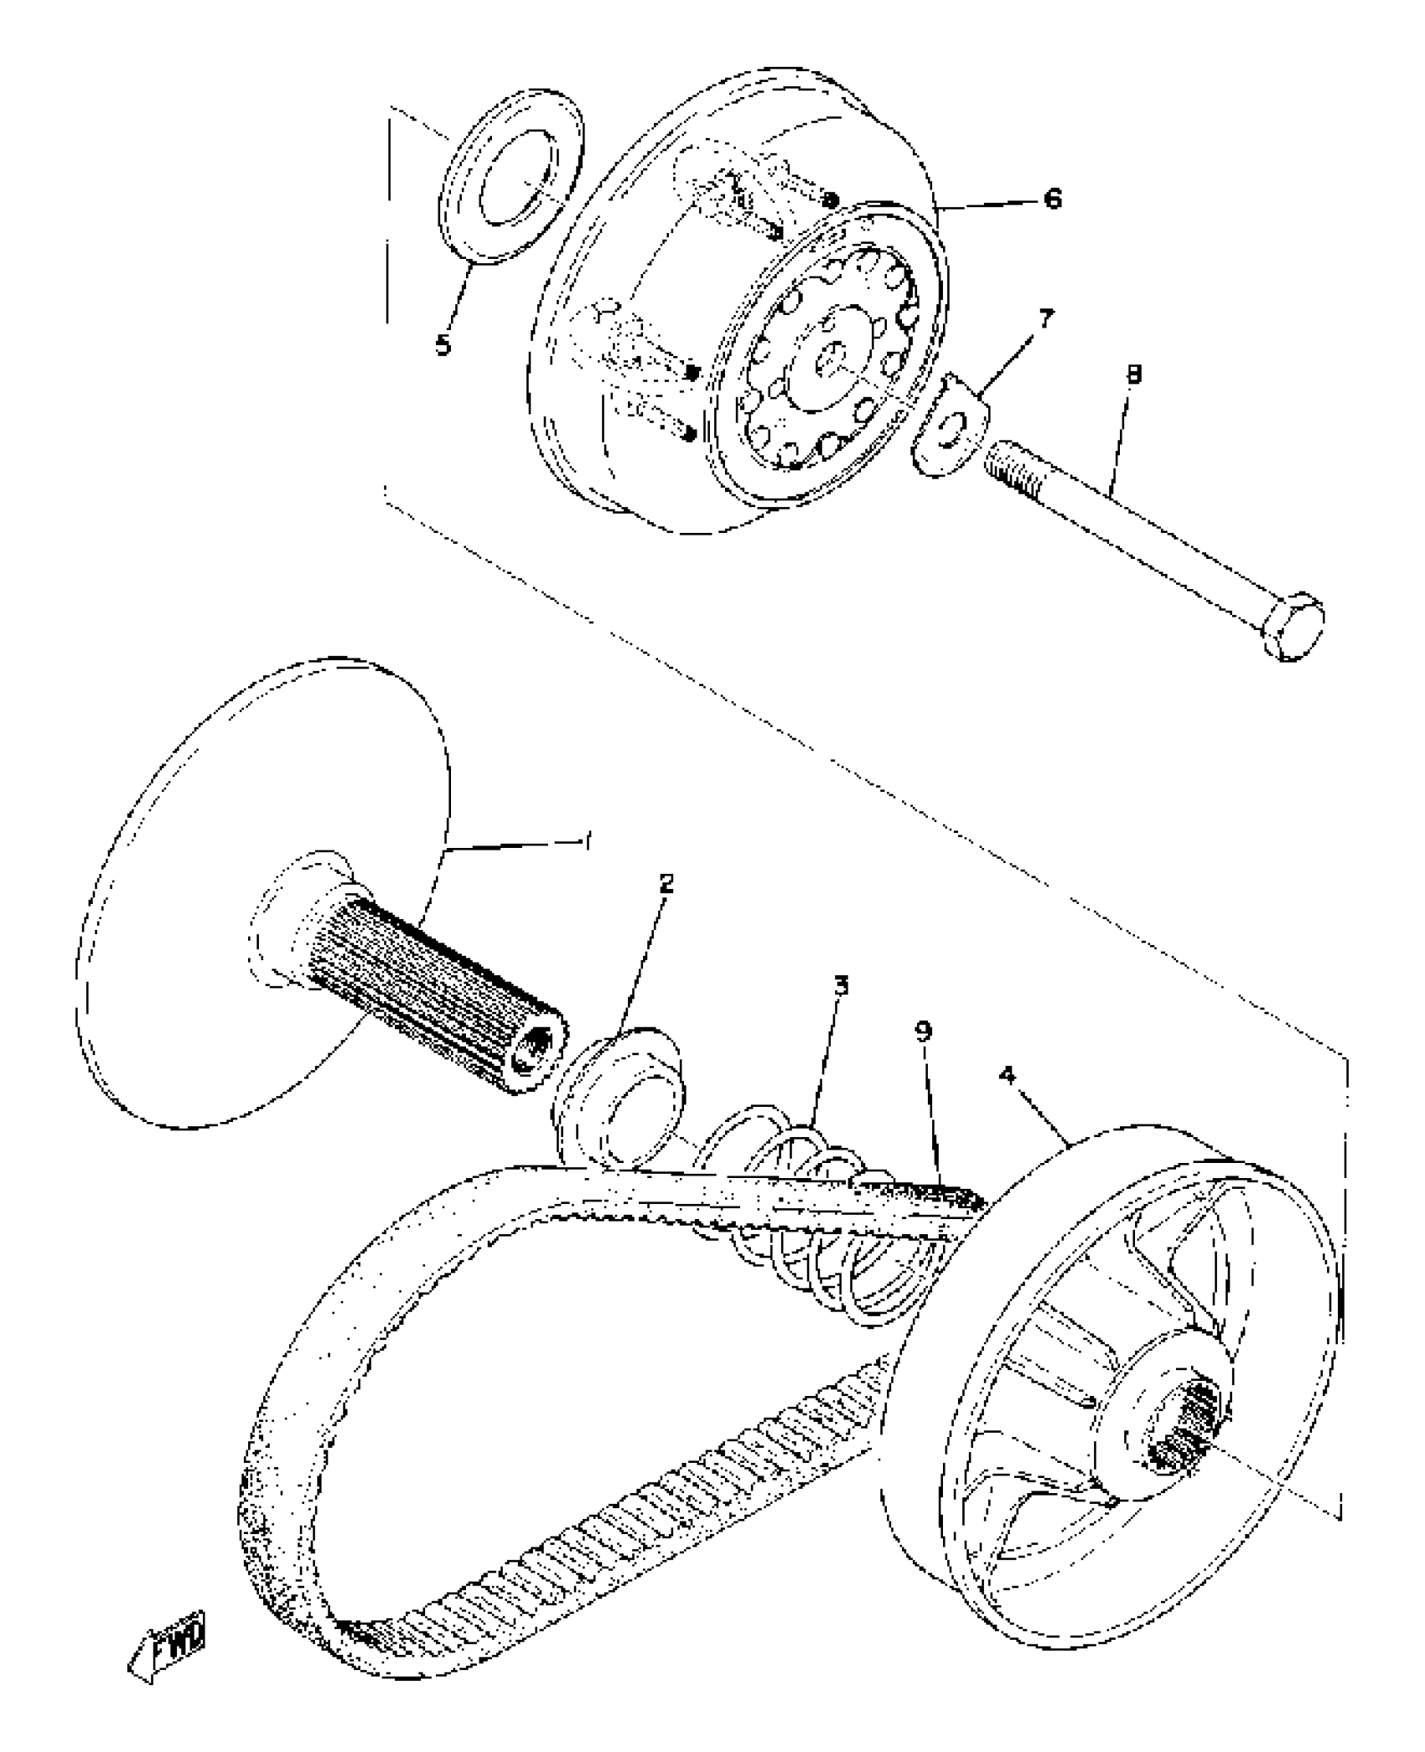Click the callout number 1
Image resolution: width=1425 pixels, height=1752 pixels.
point(587,842)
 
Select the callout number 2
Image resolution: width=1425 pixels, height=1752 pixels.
point(666,884)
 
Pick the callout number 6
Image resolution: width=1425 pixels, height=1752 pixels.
point(1051,199)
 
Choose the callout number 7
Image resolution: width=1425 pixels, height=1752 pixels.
point(1047,319)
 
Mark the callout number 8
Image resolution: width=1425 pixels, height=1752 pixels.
point(1133,375)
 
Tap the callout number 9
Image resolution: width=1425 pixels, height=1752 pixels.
point(923,1031)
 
